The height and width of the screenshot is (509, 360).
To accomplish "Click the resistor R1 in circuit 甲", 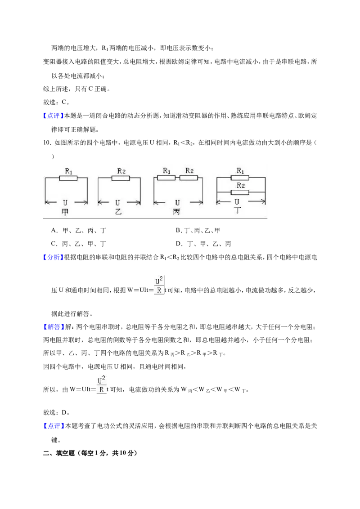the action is (x=68, y=178).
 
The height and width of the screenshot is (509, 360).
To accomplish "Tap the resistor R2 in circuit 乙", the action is (x=121, y=178).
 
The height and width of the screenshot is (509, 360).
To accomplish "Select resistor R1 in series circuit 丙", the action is (x=166, y=178).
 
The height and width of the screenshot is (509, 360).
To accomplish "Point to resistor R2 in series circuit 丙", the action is (x=189, y=178).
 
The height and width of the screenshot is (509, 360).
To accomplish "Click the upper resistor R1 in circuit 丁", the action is (x=240, y=178).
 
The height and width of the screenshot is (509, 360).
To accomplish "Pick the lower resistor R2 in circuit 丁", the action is (x=240, y=192).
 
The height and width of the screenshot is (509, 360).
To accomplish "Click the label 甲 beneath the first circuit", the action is (x=65, y=212).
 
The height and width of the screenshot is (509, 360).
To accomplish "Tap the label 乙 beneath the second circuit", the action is (x=118, y=212).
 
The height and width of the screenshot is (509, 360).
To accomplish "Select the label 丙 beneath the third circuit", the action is (x=176, y=212).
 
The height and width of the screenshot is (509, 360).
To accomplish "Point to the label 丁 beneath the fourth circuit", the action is (x=238, y=210).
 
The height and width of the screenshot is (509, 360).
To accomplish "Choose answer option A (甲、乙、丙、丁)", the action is (x=79, y=231).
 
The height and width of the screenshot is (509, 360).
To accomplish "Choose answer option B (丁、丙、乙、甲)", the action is (x=198, y=231).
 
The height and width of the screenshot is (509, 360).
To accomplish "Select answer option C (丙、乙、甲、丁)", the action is (x=79, y=244).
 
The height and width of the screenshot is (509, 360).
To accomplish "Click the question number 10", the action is (x=47, y=143).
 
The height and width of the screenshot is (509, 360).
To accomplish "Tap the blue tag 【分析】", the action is (x=52, y=257).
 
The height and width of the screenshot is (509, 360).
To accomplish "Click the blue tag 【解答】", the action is (x=52, y=327).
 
